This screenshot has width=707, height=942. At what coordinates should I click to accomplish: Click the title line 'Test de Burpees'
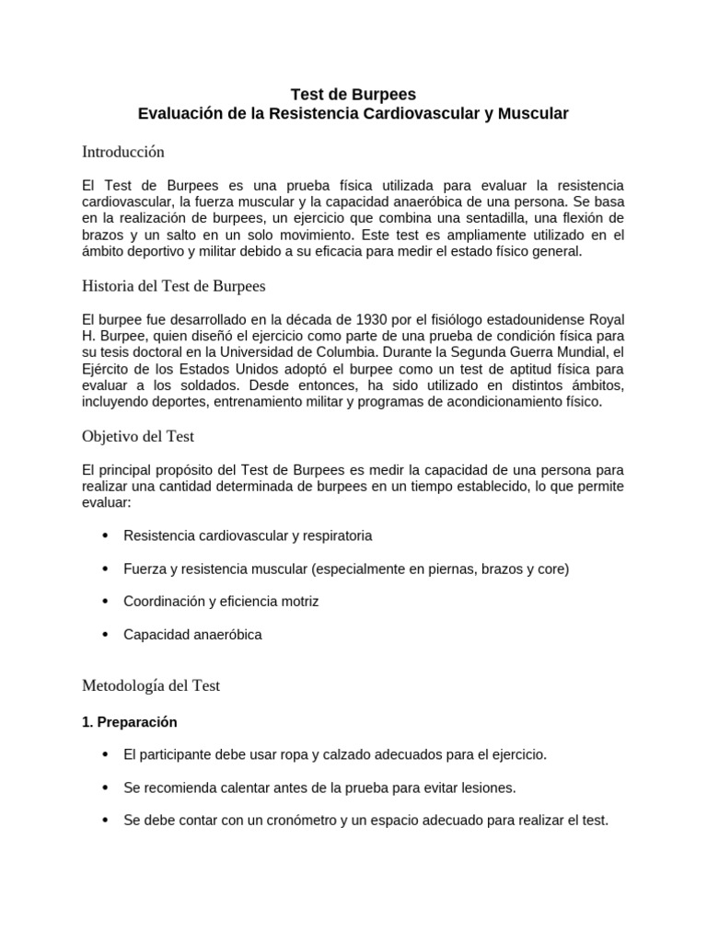(x=353, y=94)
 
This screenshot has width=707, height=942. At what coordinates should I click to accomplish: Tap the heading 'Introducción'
(x=122, y=151)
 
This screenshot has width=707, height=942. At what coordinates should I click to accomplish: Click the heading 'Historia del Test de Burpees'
(x=173, y=286)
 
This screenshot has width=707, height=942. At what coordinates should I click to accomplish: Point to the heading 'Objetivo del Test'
(x=137, y=436)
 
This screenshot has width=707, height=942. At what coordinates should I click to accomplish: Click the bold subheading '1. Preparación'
(x=129, y=722)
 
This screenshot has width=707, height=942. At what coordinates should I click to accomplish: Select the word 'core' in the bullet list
(x=550, y=569)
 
